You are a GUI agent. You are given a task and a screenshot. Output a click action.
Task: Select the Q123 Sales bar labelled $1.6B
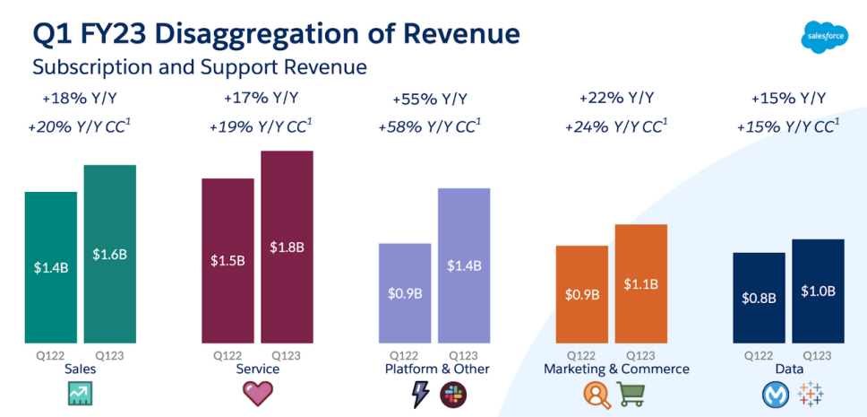(x=110, y=254)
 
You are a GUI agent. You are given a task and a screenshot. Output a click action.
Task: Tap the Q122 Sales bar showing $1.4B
(x=50, y=267)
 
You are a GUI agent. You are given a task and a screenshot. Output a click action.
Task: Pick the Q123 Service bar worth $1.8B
(x=288, y=247)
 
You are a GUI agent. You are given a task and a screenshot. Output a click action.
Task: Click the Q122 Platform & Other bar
(x=405, y=292)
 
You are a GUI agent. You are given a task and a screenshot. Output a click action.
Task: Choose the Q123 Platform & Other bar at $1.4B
(x=464, y=265)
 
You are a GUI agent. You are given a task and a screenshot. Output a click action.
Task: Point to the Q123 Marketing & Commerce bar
(x=641, y=283)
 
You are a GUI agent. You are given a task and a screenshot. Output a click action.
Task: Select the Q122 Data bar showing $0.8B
(x=759, y=298)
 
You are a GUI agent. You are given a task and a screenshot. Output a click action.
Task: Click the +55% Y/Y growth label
(x=429, y=99)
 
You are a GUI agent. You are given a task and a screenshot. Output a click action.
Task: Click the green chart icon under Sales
(x=82, y=393)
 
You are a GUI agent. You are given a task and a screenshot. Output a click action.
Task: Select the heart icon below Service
(x=258, y=393)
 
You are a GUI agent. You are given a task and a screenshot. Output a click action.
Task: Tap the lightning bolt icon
(x=419, y=393)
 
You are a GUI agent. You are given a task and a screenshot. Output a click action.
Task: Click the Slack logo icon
(x=452, y=393)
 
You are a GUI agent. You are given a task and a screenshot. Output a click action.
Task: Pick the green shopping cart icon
(x=631, y=393)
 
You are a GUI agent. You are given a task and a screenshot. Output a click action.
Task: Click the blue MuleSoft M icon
(x=774, y=393)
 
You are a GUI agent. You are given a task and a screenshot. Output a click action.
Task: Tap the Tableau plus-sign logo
(x=810, y=393)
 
